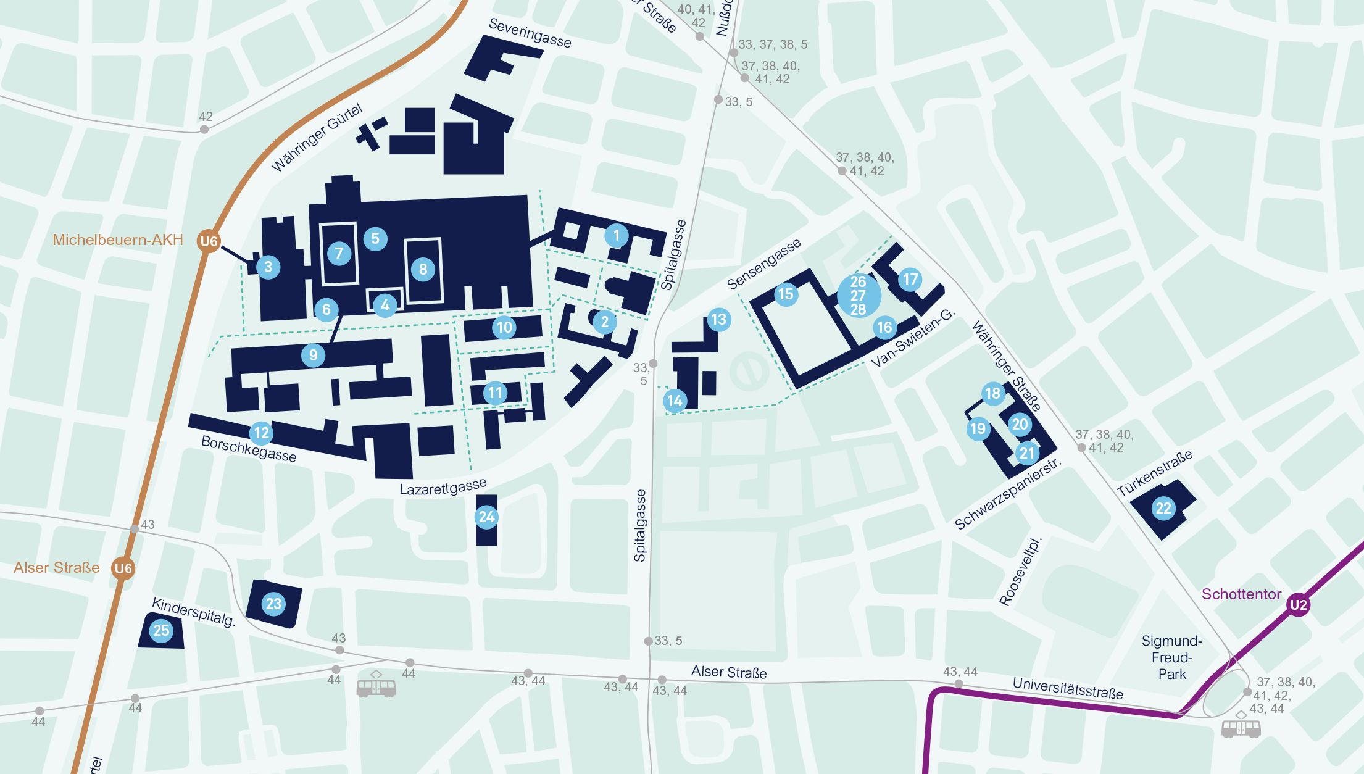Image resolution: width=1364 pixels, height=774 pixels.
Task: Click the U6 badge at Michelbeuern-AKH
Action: [x=209, y=241]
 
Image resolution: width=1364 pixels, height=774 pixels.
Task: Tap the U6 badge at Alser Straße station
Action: [x=123, y=568]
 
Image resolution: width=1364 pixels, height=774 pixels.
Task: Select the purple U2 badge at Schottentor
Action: [x=1298, y=604]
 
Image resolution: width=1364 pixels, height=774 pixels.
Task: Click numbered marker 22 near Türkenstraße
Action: [x=1163, y=508]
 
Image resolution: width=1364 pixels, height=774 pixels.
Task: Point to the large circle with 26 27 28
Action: [x=859, y=295]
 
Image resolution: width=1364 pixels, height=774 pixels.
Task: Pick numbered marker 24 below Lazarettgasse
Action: [x=486, y=517]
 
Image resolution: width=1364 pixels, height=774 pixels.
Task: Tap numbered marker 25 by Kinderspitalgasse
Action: [x=161, y=630]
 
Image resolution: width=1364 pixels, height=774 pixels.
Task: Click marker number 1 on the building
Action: [x=616, y=235]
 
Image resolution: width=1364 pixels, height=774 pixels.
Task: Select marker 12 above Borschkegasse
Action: [x=261, y=433]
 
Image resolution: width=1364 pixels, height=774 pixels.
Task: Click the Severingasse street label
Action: [x=530, y=33]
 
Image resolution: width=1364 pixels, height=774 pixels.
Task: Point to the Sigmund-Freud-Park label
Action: [x=1171, y=657]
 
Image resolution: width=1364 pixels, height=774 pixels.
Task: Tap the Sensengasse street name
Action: [x=763, y=264]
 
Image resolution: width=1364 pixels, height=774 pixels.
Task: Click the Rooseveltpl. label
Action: [x=1020, y=571]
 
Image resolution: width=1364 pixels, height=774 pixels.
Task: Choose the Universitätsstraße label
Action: [x=1067, y=688]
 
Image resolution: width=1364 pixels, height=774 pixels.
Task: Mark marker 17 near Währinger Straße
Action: [x=910, y=279]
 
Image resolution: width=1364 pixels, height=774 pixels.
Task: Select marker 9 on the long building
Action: [x=313, y=355]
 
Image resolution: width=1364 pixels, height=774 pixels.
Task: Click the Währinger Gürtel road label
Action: [x=317, y=138]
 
